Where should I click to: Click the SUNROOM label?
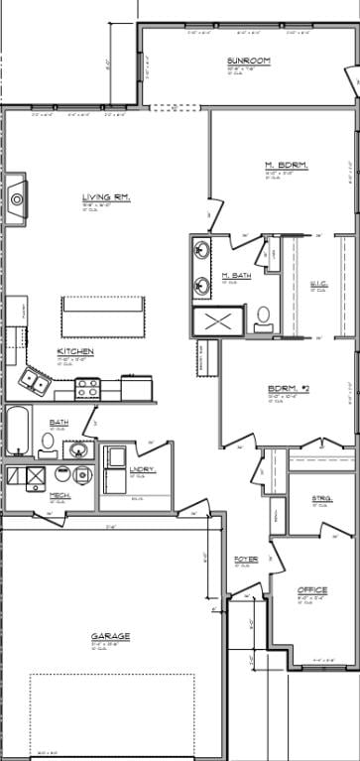pyautogui.click(x=243, y=61)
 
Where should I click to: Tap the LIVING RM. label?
pyautogui.click(x=106, y=197)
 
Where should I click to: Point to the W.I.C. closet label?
pyautogui.click(x=319, y=284)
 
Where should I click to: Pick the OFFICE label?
pyautogui.click(x=312, y=590)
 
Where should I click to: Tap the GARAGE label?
pyautogui.click(x=110, y=636)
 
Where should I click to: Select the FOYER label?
pyautogui.click(x=246, y=560)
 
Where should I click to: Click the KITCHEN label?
pyautogui.click(x=75, y=351)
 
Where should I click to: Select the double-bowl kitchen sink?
pyautogui.click(x=37, y=381)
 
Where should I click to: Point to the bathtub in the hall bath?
pyautogui.click(x=19, y=431)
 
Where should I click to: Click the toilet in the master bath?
pyautogui.click(x=263, y=317)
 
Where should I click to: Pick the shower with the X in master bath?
pyautogui.click(x=219, y=321)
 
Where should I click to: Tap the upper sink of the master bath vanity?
pyautogui.click(x=202, y=251)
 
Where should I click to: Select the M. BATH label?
pyautogui.click(x=235, y=275)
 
